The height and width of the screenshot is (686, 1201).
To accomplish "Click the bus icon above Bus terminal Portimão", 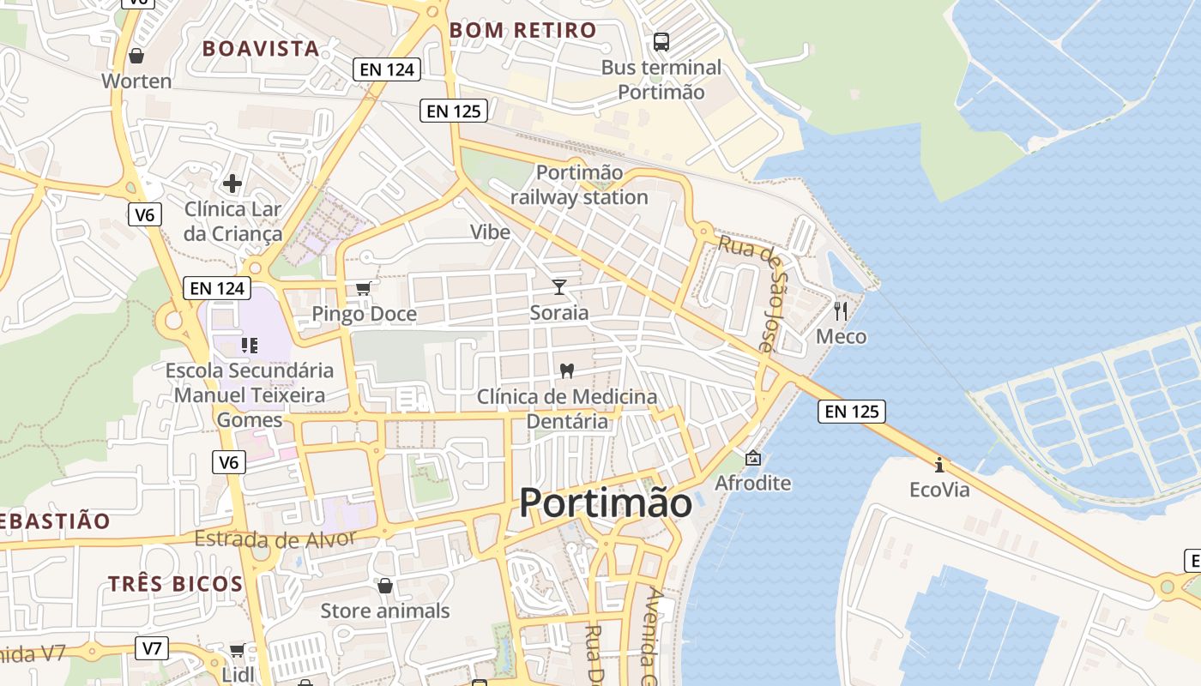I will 661,41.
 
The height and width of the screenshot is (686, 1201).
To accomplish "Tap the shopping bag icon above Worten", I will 136,57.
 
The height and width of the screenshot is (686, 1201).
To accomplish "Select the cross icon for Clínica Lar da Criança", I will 232,183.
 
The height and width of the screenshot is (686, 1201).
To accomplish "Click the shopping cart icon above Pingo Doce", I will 364,288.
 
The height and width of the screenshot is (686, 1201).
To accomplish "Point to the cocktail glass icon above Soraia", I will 559,286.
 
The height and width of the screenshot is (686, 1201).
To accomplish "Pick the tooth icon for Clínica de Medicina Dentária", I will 565,370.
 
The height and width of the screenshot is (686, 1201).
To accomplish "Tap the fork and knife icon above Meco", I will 841,310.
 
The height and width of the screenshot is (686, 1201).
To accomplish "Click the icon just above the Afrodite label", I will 753,458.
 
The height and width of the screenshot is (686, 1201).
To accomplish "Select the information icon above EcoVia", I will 939,465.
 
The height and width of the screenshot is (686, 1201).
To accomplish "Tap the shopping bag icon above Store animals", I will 385,586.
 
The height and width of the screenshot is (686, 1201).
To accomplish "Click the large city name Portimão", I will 606,502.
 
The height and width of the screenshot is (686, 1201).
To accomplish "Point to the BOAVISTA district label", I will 261,49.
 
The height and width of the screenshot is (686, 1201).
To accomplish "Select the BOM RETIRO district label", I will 523,30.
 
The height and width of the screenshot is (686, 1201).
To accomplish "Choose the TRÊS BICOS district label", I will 176,584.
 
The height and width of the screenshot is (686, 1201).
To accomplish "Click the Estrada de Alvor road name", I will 275,539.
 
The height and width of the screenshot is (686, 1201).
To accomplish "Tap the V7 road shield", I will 152,647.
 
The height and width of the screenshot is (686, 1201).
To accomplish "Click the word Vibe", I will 490,232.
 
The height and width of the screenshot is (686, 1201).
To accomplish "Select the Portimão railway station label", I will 579,184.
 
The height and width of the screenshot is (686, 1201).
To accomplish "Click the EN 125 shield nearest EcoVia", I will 851,412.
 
